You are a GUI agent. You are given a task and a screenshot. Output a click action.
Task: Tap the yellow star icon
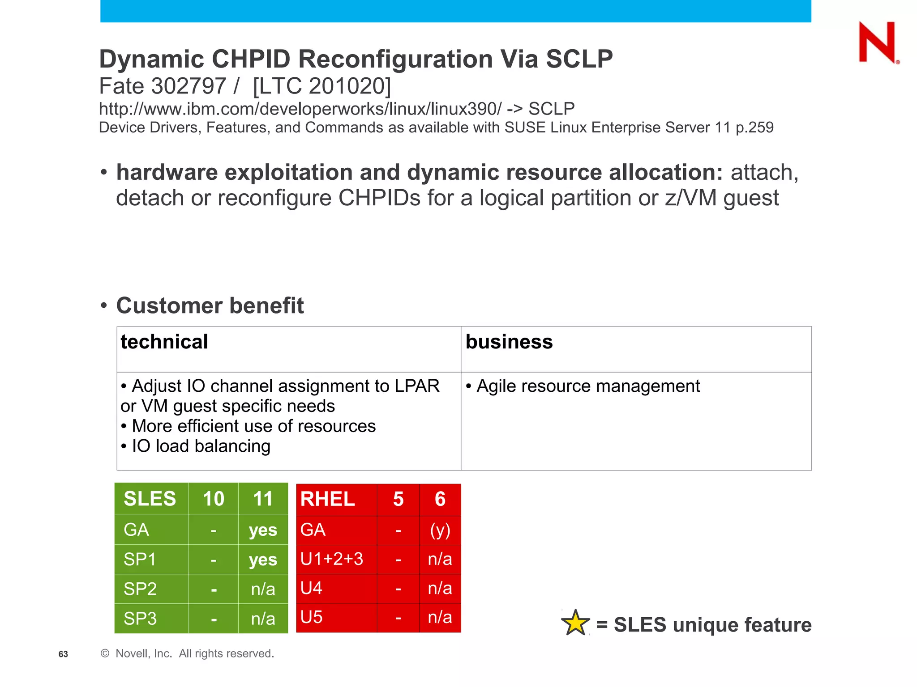pos(575,623)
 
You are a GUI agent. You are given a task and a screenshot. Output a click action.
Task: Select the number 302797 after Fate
pos(189,86)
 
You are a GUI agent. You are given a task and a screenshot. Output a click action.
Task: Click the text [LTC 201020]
pos(321,86)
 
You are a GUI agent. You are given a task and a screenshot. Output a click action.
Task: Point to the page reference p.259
pos(754,127)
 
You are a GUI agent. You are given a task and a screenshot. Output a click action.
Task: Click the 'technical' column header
pos(164,342)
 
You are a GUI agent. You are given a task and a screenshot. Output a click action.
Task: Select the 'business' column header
pos(509,342)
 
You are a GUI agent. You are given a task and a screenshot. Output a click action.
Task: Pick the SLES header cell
pos(150,499)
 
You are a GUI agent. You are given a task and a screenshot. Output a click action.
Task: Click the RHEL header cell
pos(328,499)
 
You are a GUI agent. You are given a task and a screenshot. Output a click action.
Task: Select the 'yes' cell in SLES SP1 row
pos(263,560)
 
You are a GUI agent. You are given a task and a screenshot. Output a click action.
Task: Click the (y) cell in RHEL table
pos(440,530)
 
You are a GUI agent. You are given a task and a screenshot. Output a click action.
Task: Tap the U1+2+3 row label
pos(332,559)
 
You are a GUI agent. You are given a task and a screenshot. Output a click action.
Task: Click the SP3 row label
pos(140,619)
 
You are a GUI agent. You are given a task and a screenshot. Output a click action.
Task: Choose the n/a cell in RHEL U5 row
pos(440,617)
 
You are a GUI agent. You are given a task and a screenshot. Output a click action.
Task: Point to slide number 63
pos(63,654)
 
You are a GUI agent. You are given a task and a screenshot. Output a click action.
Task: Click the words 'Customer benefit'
pos(210,305)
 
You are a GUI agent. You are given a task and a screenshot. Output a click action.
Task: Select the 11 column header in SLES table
pos(263,499)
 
